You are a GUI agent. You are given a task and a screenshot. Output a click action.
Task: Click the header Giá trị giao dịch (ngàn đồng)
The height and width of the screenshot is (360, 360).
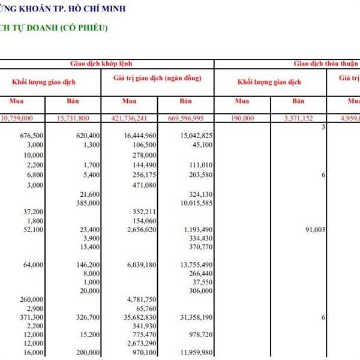[x=157, y=79]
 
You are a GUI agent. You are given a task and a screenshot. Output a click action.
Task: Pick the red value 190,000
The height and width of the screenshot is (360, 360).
[x=243, y=119]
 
